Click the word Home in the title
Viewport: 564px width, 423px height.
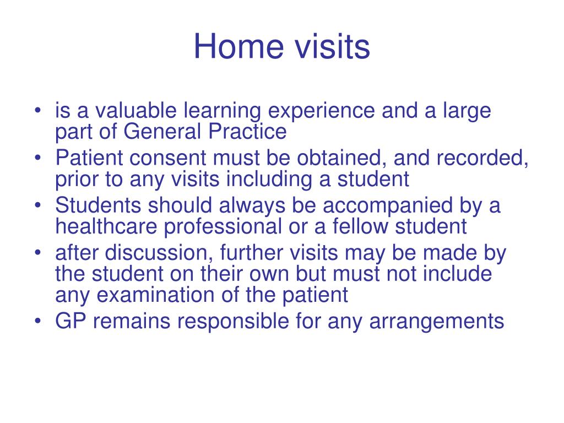238,46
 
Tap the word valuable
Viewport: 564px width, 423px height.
135,110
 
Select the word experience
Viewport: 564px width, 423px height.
321,111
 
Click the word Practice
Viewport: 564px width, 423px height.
247,131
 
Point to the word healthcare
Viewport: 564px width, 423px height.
106,226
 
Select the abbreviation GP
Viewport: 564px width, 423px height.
70,321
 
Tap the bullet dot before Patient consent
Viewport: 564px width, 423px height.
38,158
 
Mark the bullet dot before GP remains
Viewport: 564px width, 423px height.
38,321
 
